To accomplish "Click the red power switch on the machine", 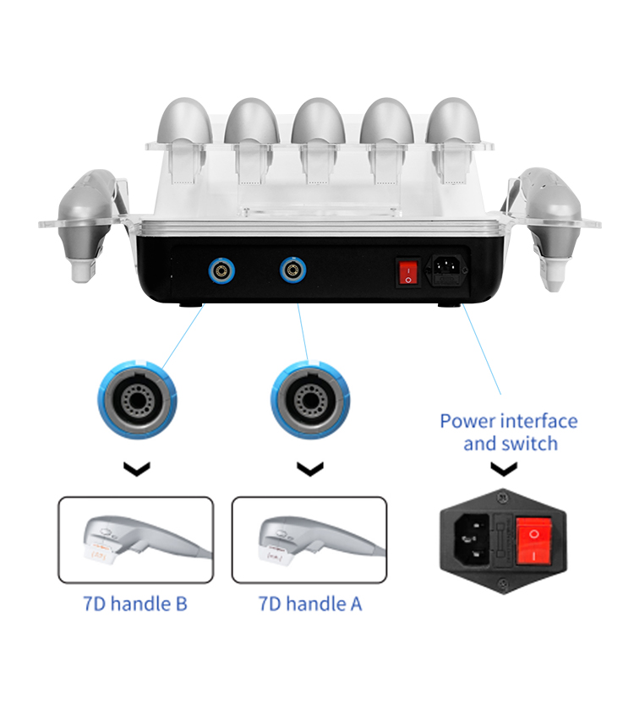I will tap(409, 271).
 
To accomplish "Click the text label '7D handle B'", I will tap(135, 603).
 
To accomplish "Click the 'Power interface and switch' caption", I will tap(509, 432).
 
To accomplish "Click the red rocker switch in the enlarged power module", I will tap(534, 536).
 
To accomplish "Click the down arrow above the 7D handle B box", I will tap(136, 468).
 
